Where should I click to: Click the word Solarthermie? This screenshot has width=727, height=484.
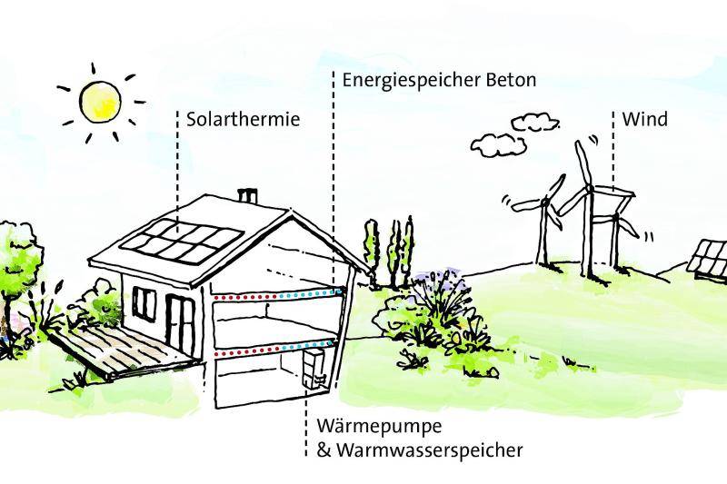pos(243,119)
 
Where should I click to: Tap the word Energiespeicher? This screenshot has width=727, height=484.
pos(400,80)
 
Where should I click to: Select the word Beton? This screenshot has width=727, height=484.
pos(509,80)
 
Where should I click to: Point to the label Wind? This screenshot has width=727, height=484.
pos(644,119)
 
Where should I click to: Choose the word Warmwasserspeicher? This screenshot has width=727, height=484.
pos(428,449)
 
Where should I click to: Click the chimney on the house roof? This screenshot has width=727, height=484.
pos(246,195)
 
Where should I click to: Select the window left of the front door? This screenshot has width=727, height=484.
pos(144,301)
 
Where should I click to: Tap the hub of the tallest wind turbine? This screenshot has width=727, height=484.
pos(588,189)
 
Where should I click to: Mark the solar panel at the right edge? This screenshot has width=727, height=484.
pos(709,258)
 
